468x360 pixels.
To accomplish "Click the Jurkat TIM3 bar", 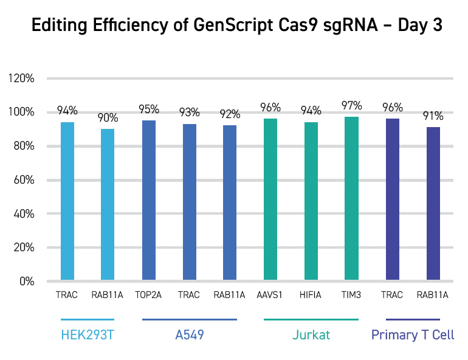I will (351, 199).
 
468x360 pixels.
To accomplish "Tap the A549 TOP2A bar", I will (149, 201).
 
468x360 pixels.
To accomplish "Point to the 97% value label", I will (351, 106).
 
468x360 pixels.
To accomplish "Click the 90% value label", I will (108, 118).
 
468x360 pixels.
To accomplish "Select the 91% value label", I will (433, 116).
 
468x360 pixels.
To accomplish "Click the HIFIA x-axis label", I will (311, 296).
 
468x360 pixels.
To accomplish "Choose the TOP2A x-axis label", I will (149, 296).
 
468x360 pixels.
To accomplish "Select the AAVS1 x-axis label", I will (270, 296).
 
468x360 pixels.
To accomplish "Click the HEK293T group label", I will (88, 335).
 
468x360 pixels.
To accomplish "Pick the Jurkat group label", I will (311, 335).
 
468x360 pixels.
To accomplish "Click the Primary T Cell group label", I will (413, 335).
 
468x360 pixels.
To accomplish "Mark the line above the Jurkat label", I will (311, 319).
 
